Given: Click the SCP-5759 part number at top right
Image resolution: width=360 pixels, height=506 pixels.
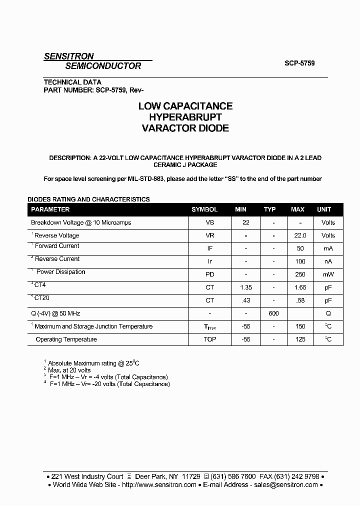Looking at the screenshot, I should [299, 63].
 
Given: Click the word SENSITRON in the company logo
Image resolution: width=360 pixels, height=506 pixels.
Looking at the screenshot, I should [68, 56].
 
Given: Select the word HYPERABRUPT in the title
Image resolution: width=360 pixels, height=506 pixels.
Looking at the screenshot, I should [185, 117].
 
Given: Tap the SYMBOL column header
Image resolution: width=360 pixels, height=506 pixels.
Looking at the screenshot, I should [204, 209].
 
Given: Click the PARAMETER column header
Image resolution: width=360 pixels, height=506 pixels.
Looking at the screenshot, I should [50, 209].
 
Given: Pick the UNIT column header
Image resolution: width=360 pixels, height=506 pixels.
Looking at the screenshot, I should [324, 209].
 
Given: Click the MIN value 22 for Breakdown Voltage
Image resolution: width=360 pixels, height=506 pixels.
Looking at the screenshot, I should [245, 222].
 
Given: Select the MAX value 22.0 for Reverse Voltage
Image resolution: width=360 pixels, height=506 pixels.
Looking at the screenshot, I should [300, 235].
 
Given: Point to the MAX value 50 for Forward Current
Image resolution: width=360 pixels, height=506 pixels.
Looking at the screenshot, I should [300, 248].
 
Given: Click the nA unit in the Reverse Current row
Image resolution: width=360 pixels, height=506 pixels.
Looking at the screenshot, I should [328, 261].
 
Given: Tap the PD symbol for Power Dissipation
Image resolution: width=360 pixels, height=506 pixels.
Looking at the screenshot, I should [210, 274].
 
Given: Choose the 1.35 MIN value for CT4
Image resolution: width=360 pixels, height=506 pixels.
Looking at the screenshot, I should [245, 287].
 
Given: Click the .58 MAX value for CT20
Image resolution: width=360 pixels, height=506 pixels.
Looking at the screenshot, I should [300, 300].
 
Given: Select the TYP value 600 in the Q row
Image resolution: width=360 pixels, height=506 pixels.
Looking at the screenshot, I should [273, 313].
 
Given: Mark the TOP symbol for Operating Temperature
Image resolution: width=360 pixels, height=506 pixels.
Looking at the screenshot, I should [210, 339].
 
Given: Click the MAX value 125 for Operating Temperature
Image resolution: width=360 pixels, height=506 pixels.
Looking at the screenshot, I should [300, 339].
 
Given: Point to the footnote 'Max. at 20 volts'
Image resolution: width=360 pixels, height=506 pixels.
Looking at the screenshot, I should [69, 370].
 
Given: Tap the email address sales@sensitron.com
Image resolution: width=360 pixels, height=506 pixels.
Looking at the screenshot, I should [285, 484].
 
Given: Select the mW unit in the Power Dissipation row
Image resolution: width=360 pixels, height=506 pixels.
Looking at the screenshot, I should [328, 274].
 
